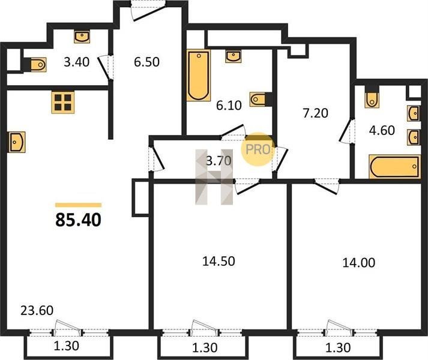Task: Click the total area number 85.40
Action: point(79,220)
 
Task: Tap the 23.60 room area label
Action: point(37,311)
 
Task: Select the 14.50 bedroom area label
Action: point(219,261)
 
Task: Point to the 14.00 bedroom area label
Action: point(359,263)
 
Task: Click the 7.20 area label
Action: point(316,113)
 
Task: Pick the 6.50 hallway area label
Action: point(146,62)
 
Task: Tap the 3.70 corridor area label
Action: point(219,161)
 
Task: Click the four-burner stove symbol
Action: point(63,102)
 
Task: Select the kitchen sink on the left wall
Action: point(17,142)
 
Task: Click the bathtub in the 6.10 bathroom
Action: point(199,76)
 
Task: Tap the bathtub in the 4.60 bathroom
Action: point(394,166)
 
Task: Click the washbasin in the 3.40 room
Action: point(82,37)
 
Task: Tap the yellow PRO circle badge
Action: point(258,149)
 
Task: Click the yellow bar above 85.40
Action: point(79,205)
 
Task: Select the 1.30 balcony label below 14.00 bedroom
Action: point(338,348)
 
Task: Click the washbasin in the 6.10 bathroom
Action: point(234,56)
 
